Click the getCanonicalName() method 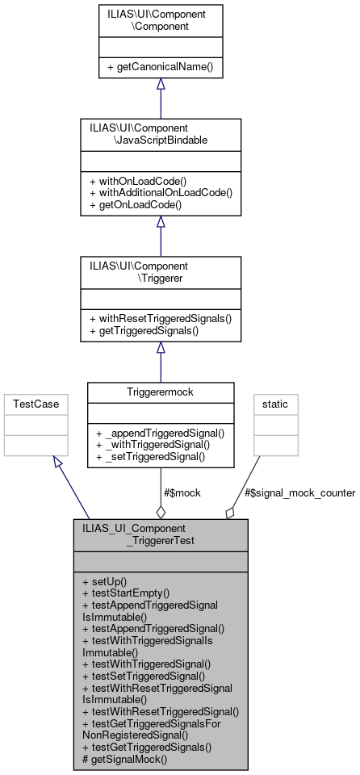pyautogui.click(x=160, y=65)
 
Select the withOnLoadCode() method pyautogui.click(x=137, y=181)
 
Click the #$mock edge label pyautogui.click(x=182, y=492)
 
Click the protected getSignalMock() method pyautogui.click(x=125, y=759)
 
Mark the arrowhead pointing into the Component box pyautogui.click(x=160, y=85)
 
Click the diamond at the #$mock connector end pyautogui.click(x=160, y=511)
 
